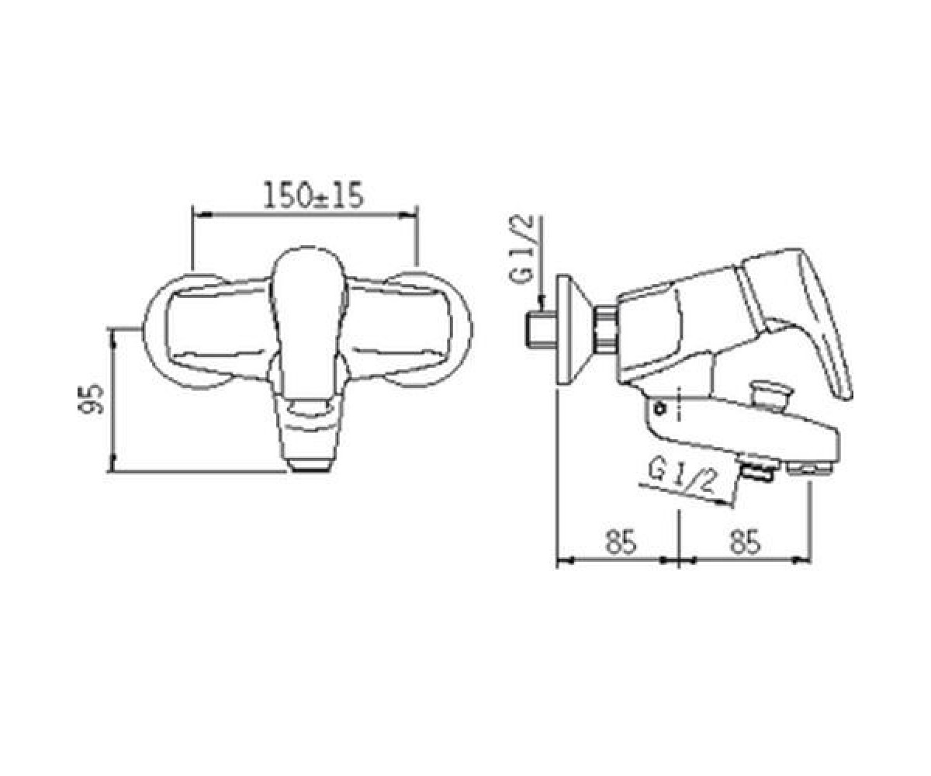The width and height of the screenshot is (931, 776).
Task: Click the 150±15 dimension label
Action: [313, 196]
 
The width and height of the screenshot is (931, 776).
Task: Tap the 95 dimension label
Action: [91, 398]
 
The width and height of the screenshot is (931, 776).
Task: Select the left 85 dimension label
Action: [620, 542]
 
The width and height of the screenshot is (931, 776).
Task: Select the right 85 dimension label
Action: [744, 542]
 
